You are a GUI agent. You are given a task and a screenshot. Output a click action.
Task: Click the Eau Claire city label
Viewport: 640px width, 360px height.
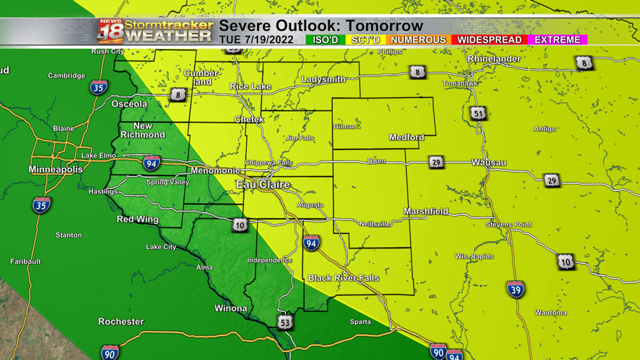[x=263, y=185]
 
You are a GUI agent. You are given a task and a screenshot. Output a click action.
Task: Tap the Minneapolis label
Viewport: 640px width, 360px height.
[x=55, y=170]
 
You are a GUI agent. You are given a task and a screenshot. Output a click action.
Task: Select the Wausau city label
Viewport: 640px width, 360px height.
[x=489, y=163]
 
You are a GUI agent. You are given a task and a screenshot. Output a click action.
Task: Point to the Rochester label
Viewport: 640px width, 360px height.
[x=121, y=322]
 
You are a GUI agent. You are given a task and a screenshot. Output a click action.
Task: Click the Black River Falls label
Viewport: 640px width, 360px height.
[x=343, y=278]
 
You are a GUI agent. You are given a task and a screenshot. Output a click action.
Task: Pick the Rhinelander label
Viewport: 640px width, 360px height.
[x=494, y=59]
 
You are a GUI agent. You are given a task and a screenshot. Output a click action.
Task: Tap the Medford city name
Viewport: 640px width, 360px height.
[x=407, y=138]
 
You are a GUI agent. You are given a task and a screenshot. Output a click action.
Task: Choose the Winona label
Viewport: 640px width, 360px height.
[x=230, y=309]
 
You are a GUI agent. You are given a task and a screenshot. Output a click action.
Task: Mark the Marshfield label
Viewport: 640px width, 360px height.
[x=426, y=212]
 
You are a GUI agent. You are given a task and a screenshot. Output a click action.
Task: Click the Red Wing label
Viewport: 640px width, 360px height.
[x=138, y=219]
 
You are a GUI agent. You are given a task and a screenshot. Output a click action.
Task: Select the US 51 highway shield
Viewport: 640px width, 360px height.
[x=478, y=113]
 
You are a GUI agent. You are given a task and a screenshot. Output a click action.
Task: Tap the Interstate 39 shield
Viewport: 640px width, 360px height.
[x=515, y=289]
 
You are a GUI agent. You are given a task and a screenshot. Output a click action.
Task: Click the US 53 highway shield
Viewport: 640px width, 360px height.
[x=285, y=322]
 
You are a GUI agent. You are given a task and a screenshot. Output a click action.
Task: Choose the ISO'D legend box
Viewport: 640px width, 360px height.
[x=325, y=40]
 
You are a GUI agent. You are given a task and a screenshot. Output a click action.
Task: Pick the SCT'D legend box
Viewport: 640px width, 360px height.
[x=365, y=40]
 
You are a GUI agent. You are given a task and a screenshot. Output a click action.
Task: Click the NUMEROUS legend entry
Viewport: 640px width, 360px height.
[x=418, y=40]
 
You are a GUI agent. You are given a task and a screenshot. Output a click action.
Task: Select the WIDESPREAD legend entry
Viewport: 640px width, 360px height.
[x=490, y=40]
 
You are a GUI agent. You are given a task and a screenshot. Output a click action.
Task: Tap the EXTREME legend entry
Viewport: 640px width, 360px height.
[x=558, y=40]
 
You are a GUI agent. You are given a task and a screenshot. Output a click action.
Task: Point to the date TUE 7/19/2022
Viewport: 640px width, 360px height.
[x=256, y=40]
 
